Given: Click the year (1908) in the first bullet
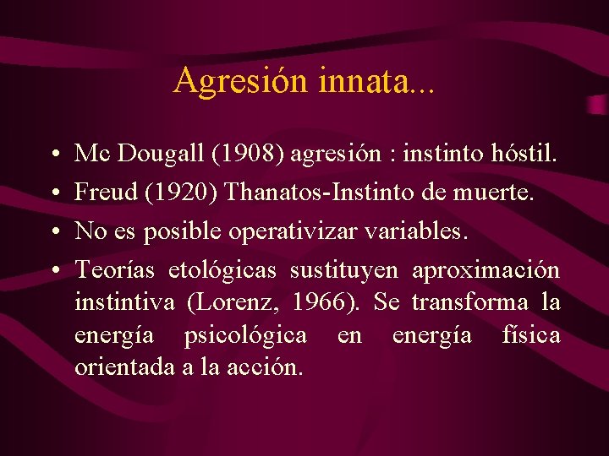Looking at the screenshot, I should tap(255, 154).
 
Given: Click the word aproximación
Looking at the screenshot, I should tap(486, 270).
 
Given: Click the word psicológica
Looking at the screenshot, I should tap(245, 335).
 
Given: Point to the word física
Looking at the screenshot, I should tap(530, 335).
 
